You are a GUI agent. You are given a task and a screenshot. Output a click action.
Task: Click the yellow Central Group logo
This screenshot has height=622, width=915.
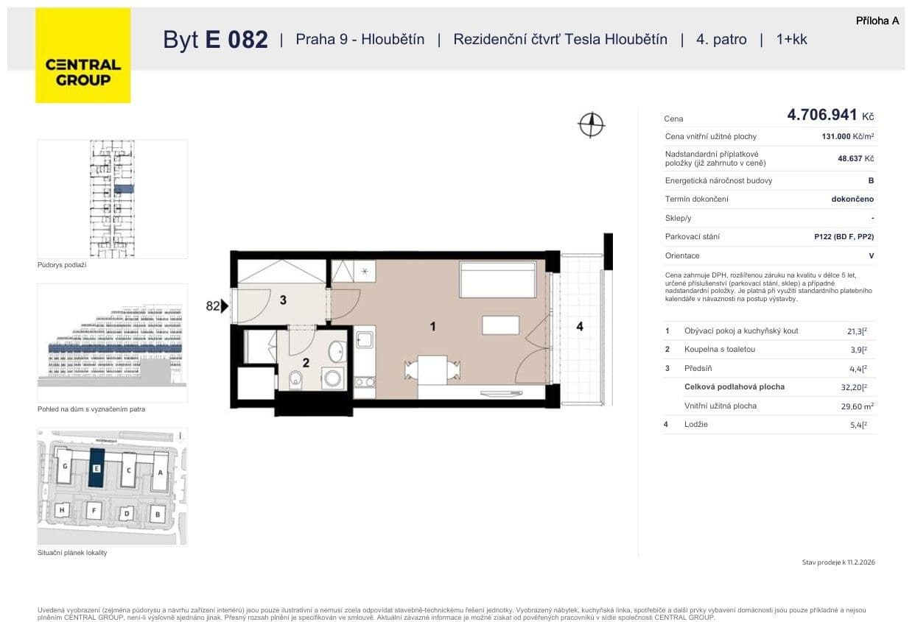point(83,55)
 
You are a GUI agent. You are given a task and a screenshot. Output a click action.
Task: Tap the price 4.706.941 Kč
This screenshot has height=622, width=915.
point(830,115)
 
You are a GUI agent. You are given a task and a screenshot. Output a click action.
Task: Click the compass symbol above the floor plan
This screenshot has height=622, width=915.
point(591,124)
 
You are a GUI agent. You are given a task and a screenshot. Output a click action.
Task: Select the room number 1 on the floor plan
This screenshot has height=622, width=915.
point(433,325)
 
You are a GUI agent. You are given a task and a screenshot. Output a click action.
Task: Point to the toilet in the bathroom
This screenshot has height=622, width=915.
point(295,379)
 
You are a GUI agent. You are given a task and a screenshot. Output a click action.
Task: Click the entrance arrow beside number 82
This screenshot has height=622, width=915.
point(225,305)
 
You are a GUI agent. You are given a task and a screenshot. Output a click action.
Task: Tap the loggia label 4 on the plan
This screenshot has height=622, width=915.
point(580,326)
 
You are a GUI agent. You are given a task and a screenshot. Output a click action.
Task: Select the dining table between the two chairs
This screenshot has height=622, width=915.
point(432,367)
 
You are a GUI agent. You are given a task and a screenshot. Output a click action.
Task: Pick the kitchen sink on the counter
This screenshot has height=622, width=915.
point(365,339)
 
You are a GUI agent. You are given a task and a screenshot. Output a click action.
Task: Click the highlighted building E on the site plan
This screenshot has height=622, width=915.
point(96,468)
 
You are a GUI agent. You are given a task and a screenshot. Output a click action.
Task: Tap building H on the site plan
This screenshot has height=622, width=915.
point(63,510)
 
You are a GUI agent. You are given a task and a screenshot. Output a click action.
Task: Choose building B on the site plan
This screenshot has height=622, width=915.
point(157,514)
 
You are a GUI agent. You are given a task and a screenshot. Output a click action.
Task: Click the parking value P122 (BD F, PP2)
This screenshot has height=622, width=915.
point(838,237)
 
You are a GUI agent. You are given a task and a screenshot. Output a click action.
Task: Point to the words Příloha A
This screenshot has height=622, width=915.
point(877,21)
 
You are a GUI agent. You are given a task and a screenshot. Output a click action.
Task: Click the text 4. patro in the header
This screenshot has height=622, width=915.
point(721,40)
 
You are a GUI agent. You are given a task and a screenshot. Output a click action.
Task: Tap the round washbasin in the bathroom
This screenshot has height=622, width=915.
point(337,350)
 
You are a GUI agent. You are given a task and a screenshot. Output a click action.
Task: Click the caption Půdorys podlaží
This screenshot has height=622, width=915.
point(62,265)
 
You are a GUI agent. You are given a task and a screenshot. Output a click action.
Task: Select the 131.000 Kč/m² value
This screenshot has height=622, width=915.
point(847,136)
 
